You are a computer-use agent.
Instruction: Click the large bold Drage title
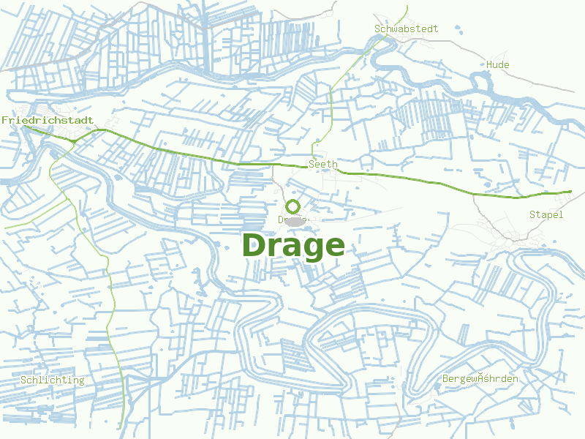[292, 246]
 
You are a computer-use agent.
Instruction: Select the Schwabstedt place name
[406, 29]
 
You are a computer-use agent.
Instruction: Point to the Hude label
[497, 65]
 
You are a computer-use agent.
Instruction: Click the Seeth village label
[322, 165]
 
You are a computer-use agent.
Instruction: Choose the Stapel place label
[546, 214]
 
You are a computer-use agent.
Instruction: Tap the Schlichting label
[52, 380]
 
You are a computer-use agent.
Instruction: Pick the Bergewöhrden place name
[480, 379]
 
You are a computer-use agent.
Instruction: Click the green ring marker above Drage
[293, 207]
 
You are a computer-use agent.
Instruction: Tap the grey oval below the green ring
[293, 221]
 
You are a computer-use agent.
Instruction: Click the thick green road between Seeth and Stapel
[439, 184]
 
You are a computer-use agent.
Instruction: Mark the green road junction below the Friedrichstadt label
[74, 140]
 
